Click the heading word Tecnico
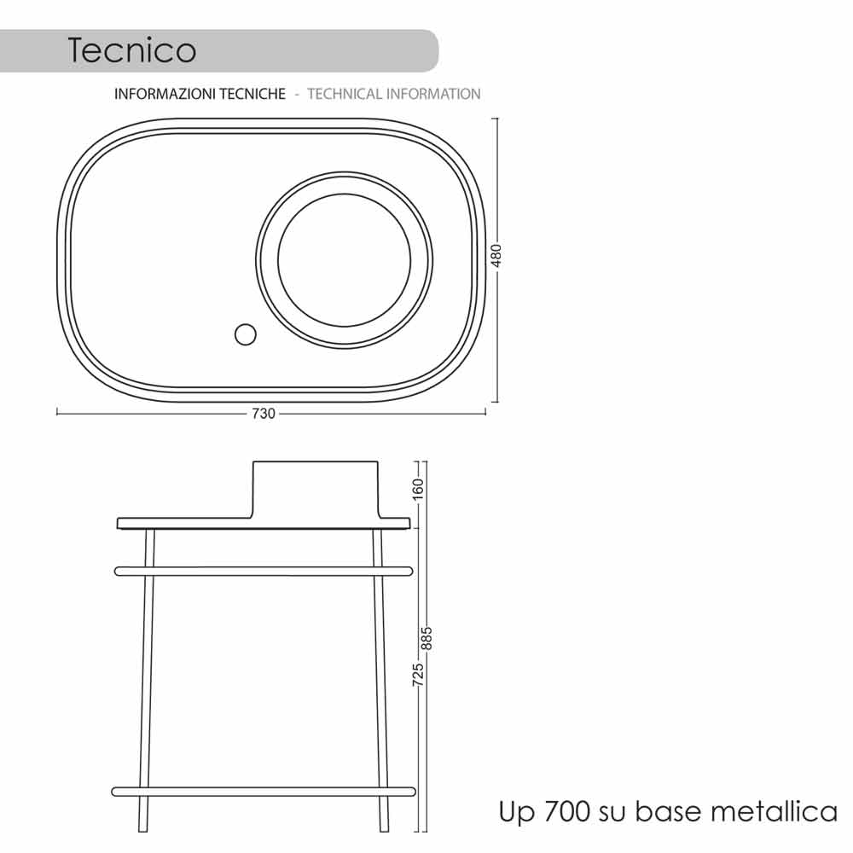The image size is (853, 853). (131, 50)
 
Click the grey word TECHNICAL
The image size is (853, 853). (345, 94)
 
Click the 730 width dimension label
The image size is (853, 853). (264, 414)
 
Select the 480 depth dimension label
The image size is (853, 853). (496, 256)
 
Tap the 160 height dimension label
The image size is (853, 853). (418, 489)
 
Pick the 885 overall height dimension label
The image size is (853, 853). (427, 639)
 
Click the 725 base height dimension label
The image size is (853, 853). (418, 675)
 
